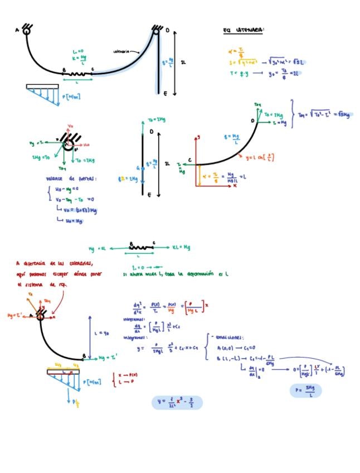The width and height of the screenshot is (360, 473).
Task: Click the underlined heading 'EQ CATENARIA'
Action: click(x=243, y=30)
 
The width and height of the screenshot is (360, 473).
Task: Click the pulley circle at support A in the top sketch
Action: click(x=26, y=31)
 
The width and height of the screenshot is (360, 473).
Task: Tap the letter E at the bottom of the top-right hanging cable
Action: click(x=165, y=94)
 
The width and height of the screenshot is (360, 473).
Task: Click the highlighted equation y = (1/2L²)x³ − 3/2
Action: click(x=177, y=402)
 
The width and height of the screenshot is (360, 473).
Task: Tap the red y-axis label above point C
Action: click(x=198, y=137)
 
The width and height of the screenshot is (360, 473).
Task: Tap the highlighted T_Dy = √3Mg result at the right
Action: click(x=325, y=115)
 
